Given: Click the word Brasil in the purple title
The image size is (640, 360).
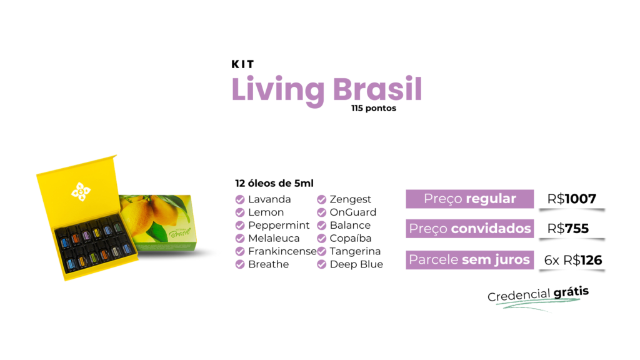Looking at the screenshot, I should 377,89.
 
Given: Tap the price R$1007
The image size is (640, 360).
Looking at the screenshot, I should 572,199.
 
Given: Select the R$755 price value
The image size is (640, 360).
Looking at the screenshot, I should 568,229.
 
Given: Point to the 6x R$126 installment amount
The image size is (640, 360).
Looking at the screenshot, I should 573,259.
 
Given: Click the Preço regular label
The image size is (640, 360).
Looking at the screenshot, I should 470,199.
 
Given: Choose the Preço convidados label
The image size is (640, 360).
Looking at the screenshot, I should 470,229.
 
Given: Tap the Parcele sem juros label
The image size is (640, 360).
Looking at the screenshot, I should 469,259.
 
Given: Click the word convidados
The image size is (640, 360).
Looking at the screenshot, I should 491,229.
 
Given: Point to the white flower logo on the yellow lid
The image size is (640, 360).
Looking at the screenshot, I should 81,191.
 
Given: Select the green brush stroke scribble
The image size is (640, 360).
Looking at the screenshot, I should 537,304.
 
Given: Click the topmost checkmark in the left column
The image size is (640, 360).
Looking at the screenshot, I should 240,199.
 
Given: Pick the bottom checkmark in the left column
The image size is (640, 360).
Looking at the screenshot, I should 240,264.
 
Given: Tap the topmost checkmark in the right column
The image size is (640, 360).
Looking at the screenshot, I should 321,199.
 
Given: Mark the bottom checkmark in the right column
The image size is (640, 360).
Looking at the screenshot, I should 321,264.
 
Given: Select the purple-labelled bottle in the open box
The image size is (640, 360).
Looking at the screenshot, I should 87,236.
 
